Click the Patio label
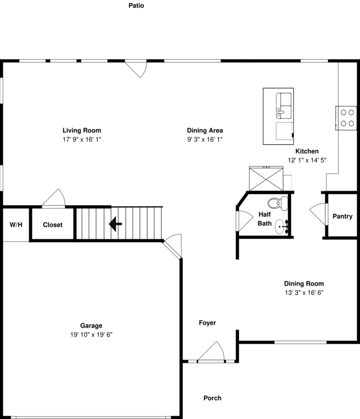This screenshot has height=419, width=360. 136,6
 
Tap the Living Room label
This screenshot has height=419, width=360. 82,130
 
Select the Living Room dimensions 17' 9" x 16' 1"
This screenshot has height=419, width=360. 82,139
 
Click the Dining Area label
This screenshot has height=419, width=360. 205,130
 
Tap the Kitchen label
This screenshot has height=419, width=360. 307,151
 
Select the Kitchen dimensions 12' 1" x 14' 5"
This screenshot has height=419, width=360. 307,160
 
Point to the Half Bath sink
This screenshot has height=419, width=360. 282,226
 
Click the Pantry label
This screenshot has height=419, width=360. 342,216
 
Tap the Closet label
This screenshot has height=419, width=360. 52,225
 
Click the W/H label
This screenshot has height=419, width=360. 16,225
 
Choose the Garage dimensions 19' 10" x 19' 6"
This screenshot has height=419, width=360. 91,335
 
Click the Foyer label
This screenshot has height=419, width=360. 207,323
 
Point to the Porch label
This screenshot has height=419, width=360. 212,398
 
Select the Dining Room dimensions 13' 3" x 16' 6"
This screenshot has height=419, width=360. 304,292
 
